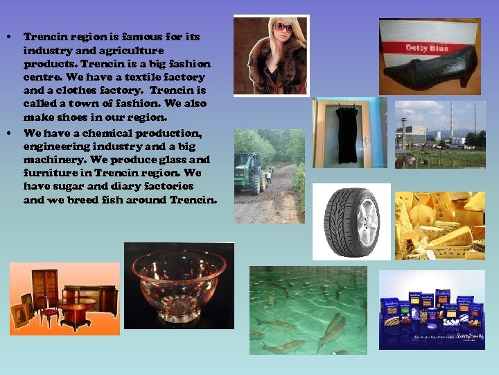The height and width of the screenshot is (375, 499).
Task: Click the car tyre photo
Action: point(351,221)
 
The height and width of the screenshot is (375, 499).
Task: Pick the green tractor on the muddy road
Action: point(250,173)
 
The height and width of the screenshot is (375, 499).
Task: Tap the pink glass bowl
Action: point(178,281)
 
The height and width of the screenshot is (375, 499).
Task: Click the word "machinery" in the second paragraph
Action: point(50,160)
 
